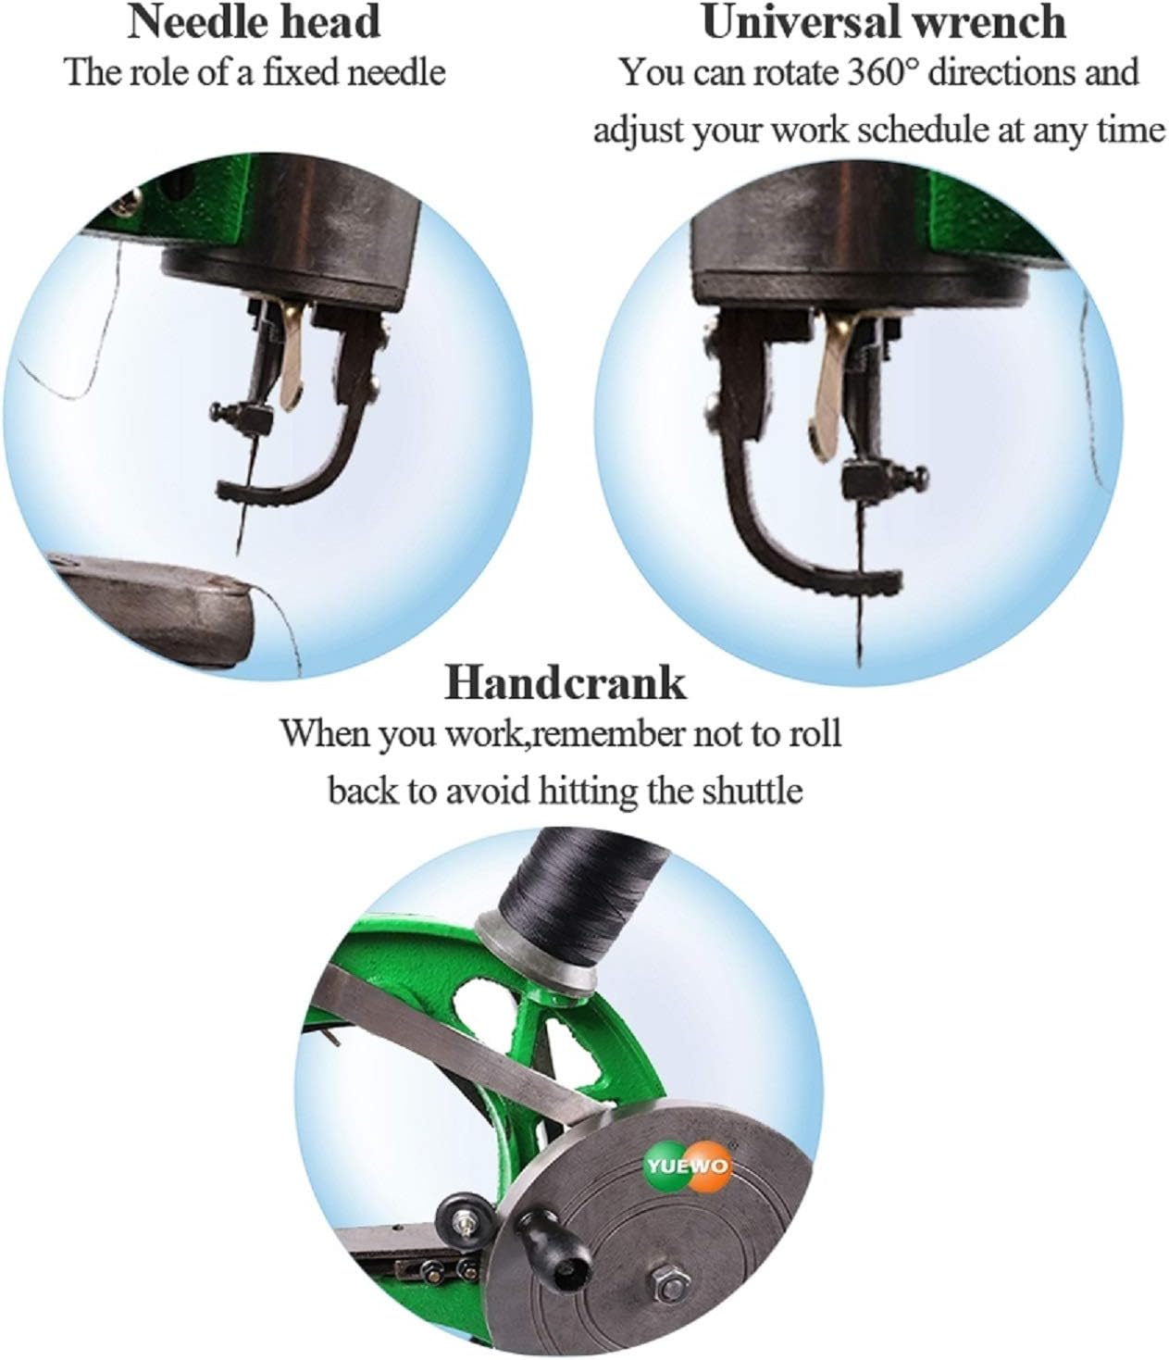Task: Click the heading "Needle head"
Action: tap(254, 22)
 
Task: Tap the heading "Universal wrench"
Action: tap(883, 22)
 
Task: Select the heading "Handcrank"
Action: tap(566, 683)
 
